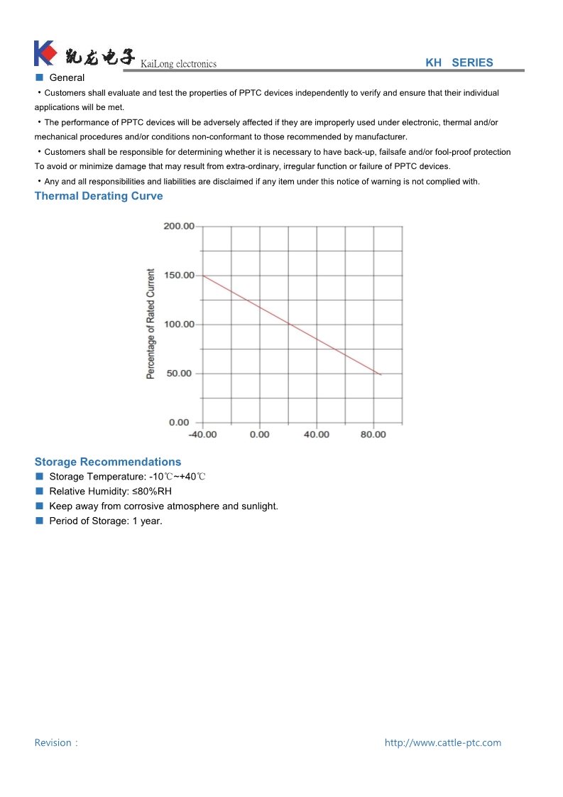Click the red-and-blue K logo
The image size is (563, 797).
[x=45, y=53]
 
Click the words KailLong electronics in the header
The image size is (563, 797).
[x=178, y=64]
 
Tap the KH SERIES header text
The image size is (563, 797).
[x=459, y=63]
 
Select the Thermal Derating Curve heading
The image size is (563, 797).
[x=99, y=196]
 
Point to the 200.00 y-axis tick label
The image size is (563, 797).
[x=179, y=226]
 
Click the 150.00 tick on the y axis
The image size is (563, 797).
[x=179, y=275]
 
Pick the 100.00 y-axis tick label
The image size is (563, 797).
[x=179, y=325]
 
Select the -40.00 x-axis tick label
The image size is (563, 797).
[x=202, y=435]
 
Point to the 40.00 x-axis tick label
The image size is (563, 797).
[x=317, y=435]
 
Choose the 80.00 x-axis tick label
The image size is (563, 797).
[x=373, y=435]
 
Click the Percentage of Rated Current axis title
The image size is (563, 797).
[x=151, y=323]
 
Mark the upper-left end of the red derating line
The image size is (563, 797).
[x=204, y=276]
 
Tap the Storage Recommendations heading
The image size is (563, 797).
[x=108, y=462]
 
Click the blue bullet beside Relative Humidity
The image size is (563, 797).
[x=40, y=491]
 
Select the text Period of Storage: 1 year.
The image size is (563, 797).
[x=106, y=521]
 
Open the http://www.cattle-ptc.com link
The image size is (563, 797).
[x=443, y=743]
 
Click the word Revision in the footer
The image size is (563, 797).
[x=53, y=743]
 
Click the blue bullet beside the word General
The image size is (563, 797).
[x=40, y=77]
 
